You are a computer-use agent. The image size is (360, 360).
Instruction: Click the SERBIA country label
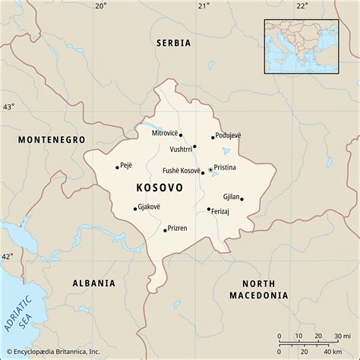pyautogui.click(x=174, y=44)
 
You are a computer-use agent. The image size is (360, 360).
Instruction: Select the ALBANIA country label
pyautogui.click(x=93, y=283)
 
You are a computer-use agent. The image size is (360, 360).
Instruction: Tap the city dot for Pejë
pyautogui.click(x=117, y=166)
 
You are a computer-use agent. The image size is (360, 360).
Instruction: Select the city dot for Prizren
pyautogui.click(x=165, y=229)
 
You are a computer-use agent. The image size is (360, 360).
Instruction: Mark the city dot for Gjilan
pyautogui.click(x=242, y=198)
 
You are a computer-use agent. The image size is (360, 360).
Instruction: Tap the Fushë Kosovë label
pyautogui.click(x=181, y=171)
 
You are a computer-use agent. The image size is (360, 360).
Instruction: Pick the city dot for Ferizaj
pyautogui.click(x=209, y=209)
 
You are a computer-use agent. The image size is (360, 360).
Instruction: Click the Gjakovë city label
pyautogui.click(x=151, y=207)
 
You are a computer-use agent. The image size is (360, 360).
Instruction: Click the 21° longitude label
pyautogui.click(x=203, y=6)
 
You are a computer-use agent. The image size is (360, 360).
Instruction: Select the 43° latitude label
pyautogui.click(x=8, y=107)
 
